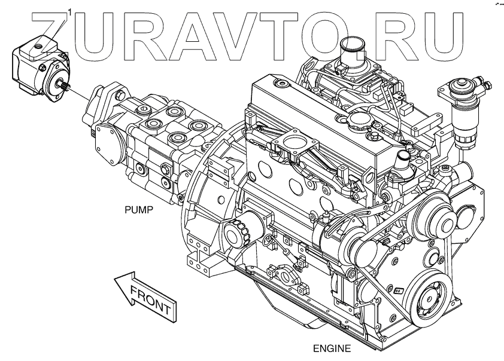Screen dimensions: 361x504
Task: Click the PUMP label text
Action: point(139,210)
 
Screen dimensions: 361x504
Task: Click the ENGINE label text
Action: point(332,348)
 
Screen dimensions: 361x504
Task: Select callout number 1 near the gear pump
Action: point(71,11)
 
